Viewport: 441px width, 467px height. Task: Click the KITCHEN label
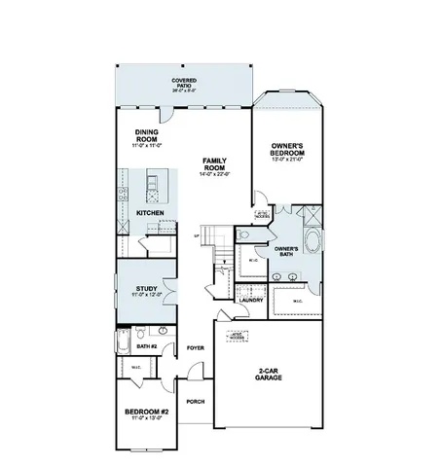(x=149, y=212)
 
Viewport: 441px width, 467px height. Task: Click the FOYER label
(x=196, y=347)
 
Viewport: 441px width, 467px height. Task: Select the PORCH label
(x=196, y=400)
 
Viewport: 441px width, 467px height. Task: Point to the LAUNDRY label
(x=251, y=301)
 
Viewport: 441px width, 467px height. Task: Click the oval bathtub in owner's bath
(x=312, y=241)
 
